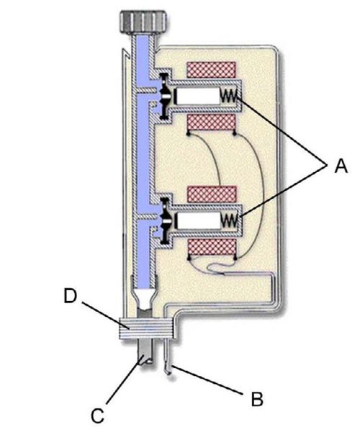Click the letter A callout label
click(x=341, y=166)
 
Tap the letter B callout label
click(x=257, y=399)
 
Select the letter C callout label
click(x=98, y=416)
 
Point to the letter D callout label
click(x=70, y=296)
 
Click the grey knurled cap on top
click(x=143, y=22)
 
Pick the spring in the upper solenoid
click(x=229, y=96)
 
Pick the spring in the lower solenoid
click(x=229, y=220)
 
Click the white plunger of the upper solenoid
click(x=198, y=97)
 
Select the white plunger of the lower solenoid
click(x=198, y=220)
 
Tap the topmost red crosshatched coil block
click(x=212, y=70)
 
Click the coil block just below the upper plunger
click(x=212, y=122)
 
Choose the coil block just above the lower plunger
click(x=212, y=194)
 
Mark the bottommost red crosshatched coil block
click(x=212, y=248)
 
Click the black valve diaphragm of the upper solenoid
click(x=165, y=97)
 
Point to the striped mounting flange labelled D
click(x=147, y=328)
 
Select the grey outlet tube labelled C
click(x=145, y=351)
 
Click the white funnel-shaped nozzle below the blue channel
click(x=145, y=299)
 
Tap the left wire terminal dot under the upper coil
click(x=189, y=134)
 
